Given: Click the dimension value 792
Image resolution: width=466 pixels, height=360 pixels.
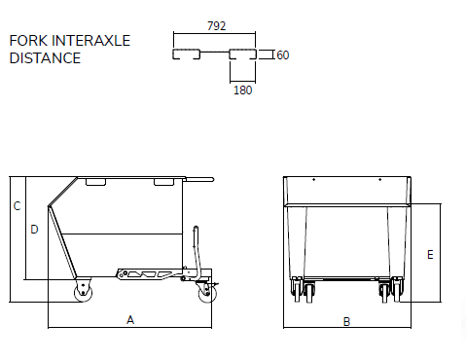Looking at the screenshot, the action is (216, 26).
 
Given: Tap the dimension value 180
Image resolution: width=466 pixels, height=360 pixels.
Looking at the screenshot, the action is (242, 90).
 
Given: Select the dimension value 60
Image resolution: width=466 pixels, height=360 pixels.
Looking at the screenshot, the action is (283, 55).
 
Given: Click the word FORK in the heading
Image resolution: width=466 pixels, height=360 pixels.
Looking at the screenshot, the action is (28, 41).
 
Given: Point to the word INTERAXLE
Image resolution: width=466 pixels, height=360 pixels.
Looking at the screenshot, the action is (90, 41).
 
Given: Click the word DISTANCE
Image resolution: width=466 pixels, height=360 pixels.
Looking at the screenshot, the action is (45, 58).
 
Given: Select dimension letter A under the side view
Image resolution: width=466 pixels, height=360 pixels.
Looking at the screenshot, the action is (130, 320).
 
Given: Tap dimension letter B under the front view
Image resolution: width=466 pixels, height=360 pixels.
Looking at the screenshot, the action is (346, 322).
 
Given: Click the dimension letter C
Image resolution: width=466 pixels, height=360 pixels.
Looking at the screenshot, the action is (17, 206).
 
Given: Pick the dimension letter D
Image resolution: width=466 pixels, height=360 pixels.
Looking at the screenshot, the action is (34, 230).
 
